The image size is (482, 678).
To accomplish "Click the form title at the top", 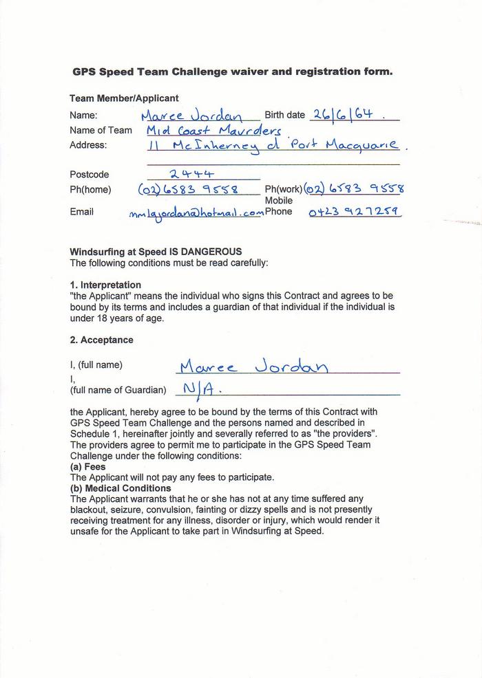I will point(233,72).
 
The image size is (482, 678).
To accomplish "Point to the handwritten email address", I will point(196,213).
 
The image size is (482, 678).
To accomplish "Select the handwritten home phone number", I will point(188,189).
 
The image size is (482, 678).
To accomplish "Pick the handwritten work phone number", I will point(354,188).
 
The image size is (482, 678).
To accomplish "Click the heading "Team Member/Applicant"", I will point(124,98).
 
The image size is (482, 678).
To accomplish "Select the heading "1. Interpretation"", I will point(105,285).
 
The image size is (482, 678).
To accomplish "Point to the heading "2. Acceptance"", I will point(101,340).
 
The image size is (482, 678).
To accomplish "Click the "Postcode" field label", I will point(90,175).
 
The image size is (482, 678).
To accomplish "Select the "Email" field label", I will point(81,212).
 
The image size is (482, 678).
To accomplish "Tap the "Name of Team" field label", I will point(101,130).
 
